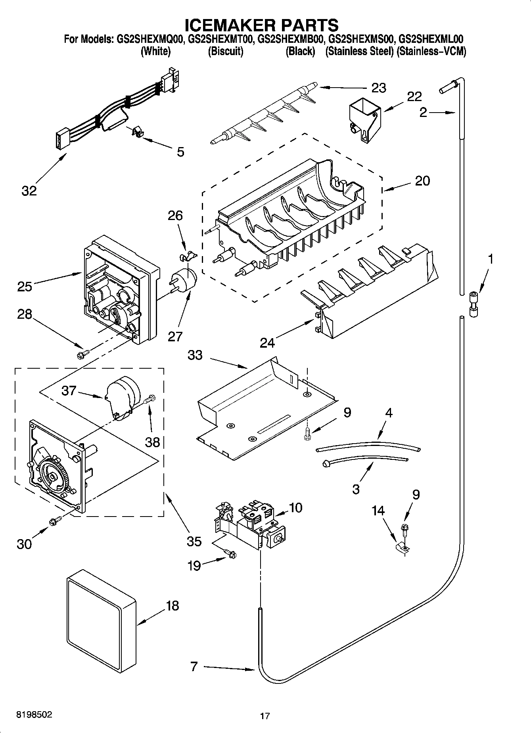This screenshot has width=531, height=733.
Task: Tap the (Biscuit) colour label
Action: [225, 52]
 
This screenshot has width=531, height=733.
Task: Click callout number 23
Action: [378, 88]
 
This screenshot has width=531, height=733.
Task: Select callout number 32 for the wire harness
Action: [29, 191]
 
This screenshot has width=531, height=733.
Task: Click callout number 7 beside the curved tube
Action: [194, 666]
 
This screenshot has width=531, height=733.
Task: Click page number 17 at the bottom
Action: [265, 716]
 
